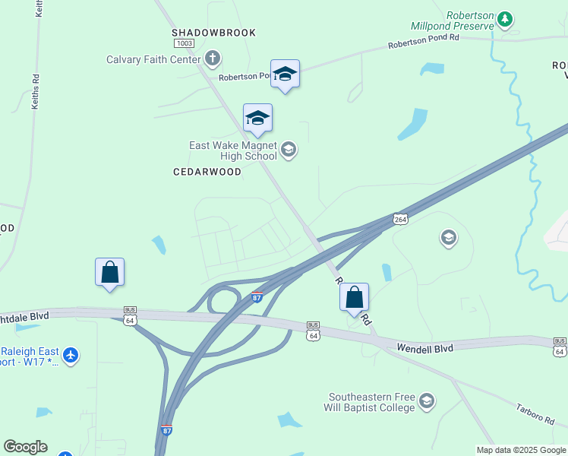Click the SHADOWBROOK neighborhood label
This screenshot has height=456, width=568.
coord(213,33)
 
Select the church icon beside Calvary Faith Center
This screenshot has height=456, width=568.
coord(213,59)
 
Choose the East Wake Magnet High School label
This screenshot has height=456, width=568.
coord(233,150)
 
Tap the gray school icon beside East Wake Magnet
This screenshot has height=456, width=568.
coord(288,149)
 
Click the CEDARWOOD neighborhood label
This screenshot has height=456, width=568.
coord(207,172)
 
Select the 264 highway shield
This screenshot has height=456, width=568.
coord(401,219)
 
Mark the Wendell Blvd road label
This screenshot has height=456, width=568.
coord(424,348)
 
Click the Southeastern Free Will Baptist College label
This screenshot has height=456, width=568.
coord(371,402)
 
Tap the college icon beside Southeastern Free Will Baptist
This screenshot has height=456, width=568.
coord(427,401)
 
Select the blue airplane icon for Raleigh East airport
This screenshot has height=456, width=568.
coord(70,354)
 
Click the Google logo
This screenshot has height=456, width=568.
coord(25,447)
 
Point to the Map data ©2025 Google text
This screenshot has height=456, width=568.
coord(520,450)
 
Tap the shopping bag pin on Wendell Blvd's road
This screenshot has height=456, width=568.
coord(354,297)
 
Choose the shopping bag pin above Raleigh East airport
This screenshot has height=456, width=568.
coord(109,272)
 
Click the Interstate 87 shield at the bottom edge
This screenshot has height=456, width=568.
coord(166,430)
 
